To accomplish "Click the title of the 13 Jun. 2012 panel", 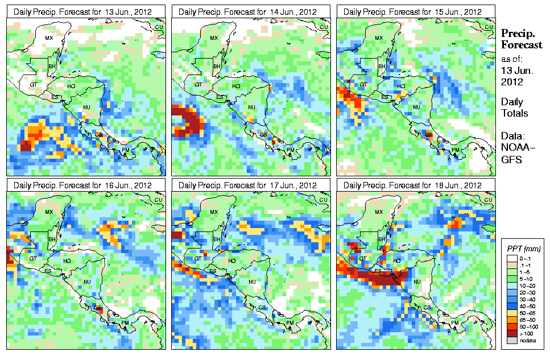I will click(x=85, y=11).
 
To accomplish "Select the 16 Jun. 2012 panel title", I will click(x=85, y=185).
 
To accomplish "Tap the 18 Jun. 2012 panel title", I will click(x=416, y=185).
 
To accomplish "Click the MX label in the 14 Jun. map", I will click(x=213, y=38).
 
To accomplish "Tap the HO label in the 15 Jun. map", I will click(x=401, y=86).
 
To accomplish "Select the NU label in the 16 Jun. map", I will click(x=87, y=282).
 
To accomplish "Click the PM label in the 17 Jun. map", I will click(x=290, y=323).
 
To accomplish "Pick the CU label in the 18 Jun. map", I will click(x=488, y=200).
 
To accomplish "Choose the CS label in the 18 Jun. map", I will click(x=427, y=307).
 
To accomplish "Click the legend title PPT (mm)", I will click(x=523, y=249).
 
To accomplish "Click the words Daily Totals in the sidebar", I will click(x=514, y=107).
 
